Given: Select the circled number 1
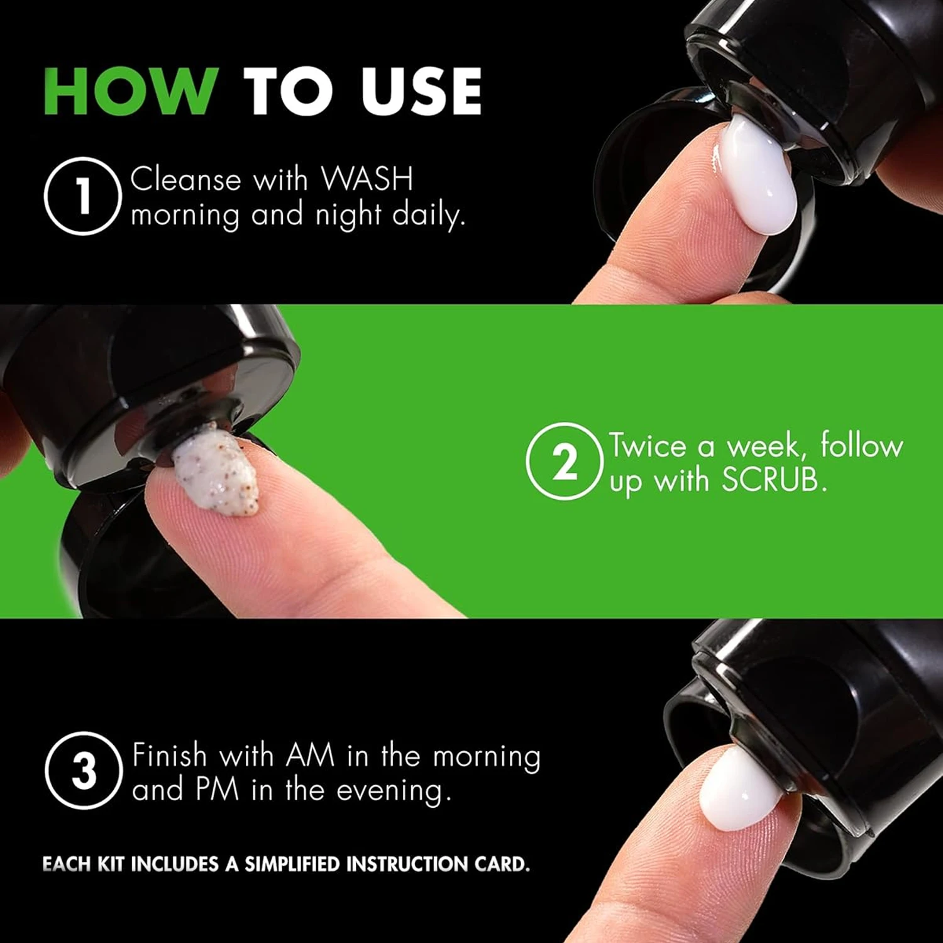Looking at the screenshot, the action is point(82,196).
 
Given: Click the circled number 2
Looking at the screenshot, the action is point(565,461).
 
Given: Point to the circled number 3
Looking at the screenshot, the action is point(84,771).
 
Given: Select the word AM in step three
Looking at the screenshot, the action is point(310,755).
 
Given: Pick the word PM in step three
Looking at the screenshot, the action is point(218,790).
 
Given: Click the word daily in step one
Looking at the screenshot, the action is point(429,216).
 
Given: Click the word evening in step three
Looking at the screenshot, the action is point(394,791).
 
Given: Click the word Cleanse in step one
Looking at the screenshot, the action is point(185,180).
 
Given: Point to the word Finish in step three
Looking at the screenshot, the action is point(170,755).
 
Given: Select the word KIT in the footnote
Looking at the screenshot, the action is point(111,864).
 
